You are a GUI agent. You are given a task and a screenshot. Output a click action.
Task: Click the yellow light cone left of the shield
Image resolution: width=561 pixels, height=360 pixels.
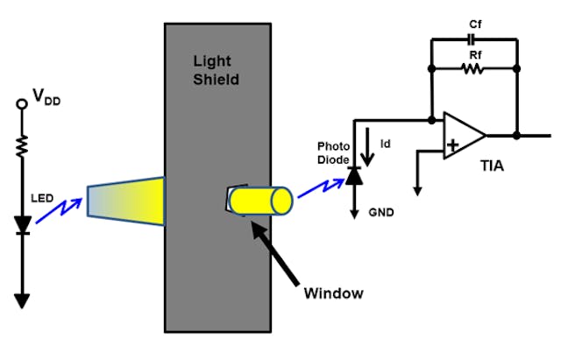coord(126,201)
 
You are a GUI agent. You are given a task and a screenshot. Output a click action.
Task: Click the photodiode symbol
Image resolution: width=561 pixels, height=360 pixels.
coord(354,176)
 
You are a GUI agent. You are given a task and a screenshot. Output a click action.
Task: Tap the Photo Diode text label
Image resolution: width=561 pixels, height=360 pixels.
coord(333,154)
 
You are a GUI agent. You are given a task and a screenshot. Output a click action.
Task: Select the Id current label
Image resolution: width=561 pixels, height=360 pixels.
coord(384,139)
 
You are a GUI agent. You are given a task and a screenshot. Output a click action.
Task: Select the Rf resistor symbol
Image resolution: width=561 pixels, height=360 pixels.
coord(473,68)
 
